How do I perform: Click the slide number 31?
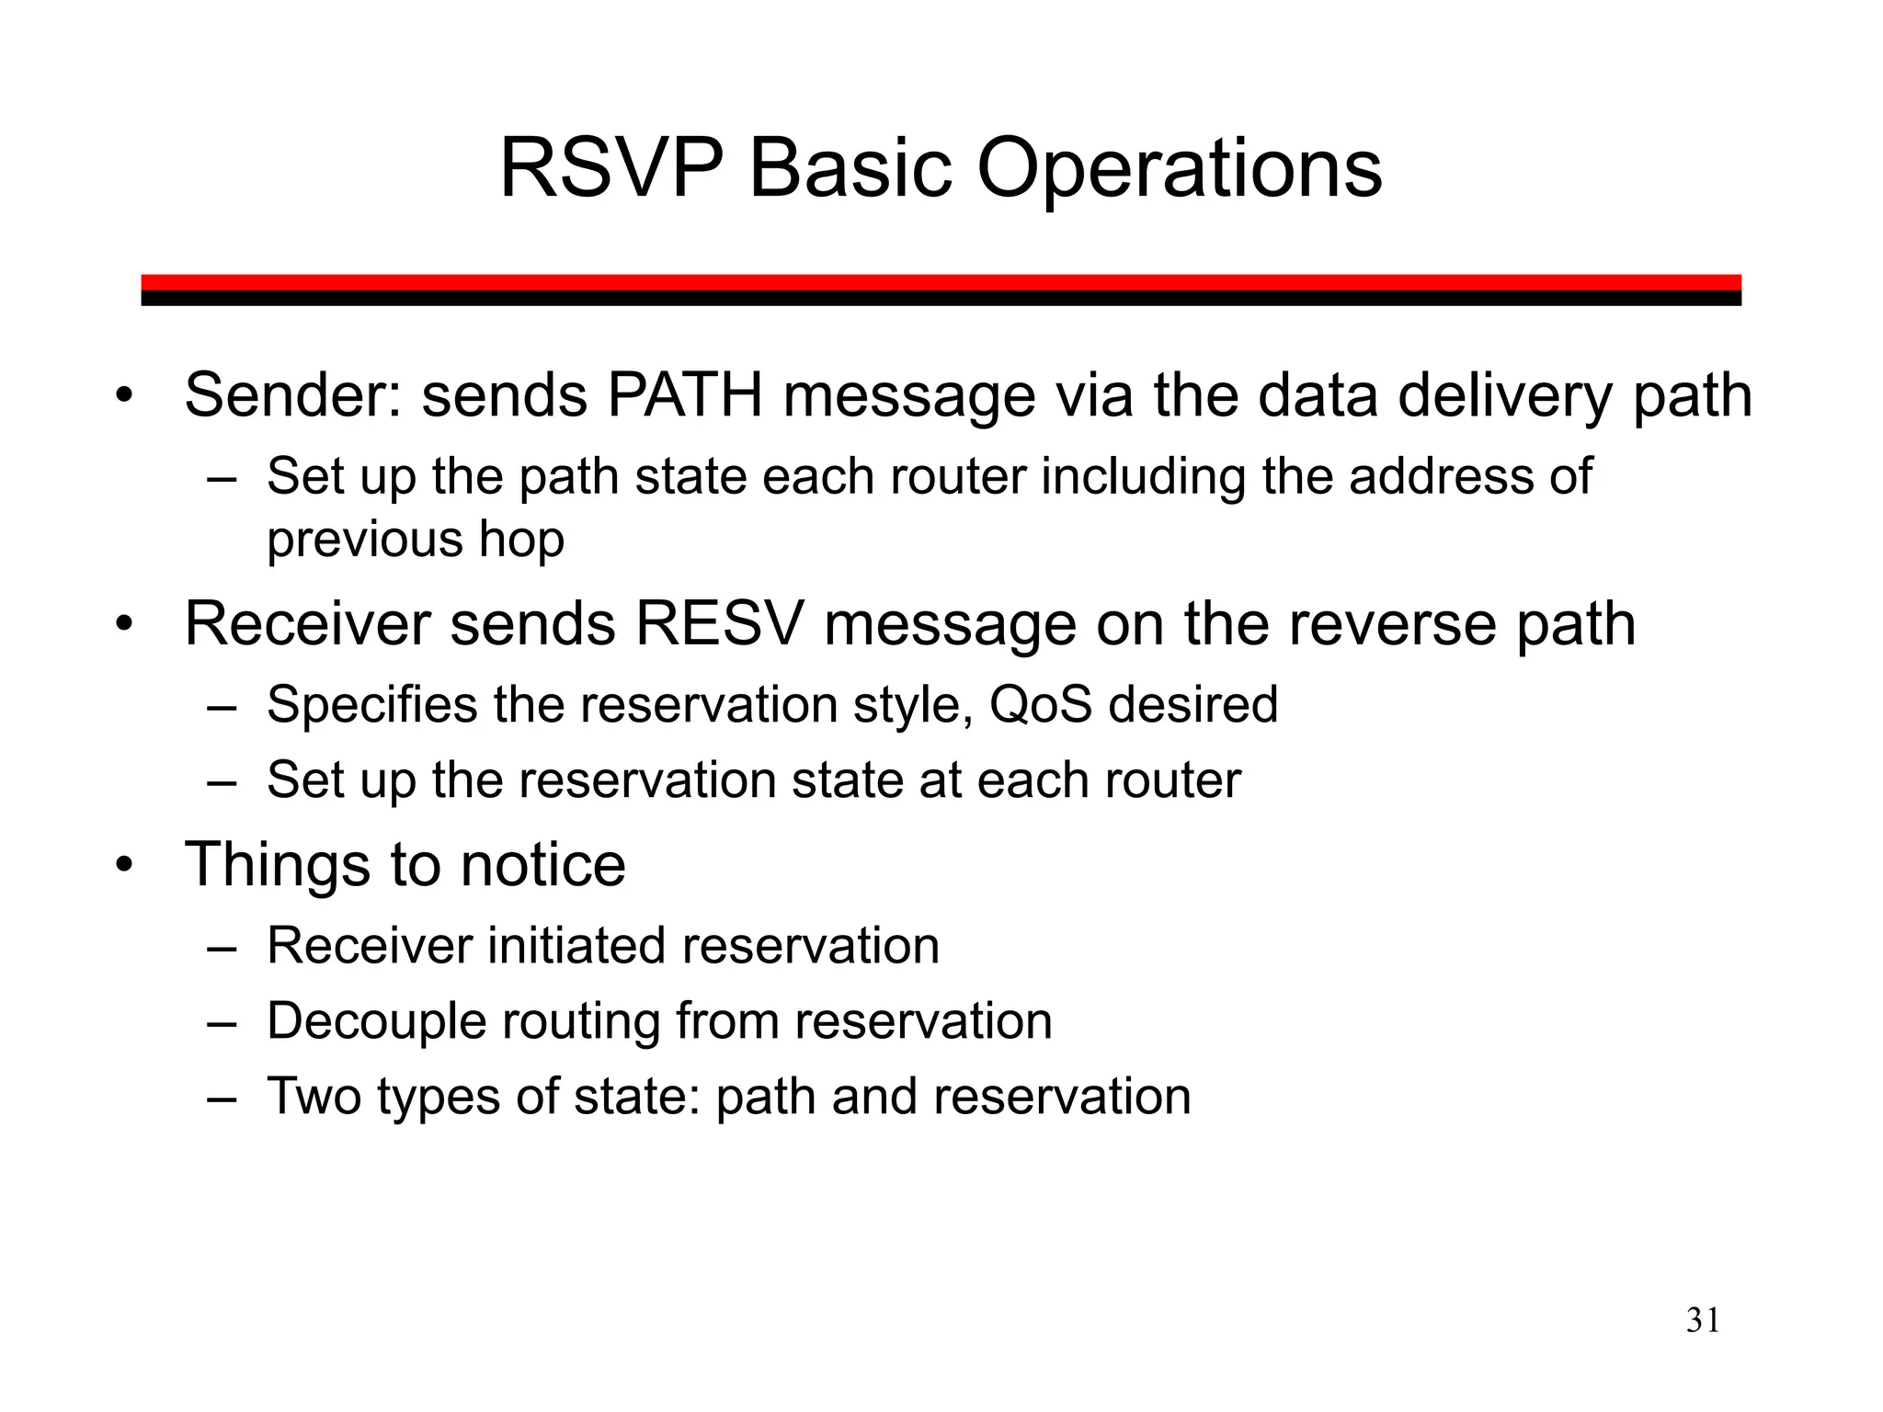coord(1703,1321)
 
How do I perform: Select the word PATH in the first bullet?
coord(685,395)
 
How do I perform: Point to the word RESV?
coord(718,624)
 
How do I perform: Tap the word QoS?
coord(1041,704)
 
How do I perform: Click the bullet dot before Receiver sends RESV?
coord(124,626)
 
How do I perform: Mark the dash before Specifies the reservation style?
coord(222,706)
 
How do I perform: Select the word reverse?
coord(1340,624)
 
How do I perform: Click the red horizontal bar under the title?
coord(941,282)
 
